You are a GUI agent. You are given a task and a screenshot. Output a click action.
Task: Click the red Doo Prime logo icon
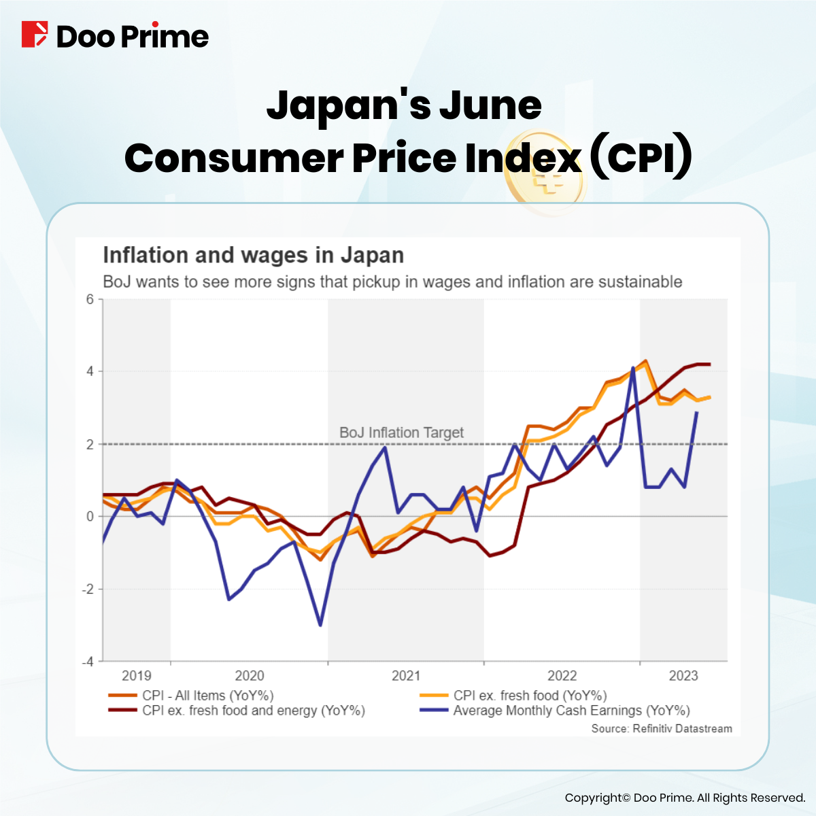pos(35,35)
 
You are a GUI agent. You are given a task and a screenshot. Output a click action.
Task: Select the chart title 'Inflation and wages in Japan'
pos(253,256)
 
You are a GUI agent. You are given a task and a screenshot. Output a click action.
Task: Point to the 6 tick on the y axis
pos(90,299)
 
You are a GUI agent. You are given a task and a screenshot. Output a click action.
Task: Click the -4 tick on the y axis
pos(88,662)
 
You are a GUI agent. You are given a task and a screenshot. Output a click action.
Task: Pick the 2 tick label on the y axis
pos(90,444)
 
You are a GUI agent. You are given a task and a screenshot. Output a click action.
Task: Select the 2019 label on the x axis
pos(137,675)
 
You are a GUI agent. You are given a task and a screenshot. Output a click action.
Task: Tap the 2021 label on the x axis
pos(406,675)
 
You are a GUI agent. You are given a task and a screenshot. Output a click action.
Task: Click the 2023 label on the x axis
pos(683,675)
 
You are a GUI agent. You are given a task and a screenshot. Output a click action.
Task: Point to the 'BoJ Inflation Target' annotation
pos(401,432)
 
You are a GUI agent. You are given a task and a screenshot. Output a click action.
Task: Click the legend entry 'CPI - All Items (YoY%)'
pos(207,696)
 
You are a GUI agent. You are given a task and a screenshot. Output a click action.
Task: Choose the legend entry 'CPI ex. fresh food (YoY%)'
pos(530,696)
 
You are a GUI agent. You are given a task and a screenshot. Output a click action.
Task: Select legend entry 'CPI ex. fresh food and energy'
pos(253,711)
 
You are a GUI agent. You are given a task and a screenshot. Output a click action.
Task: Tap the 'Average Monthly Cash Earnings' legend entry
pos(571,711)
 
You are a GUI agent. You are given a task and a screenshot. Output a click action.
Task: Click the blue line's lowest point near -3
pos(320,625)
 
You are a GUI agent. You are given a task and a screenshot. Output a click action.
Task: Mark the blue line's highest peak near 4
pos(633,368)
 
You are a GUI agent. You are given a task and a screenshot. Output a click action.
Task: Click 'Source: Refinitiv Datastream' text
pos(662,728)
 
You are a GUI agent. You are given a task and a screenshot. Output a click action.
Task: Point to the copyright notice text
pos(685,798)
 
